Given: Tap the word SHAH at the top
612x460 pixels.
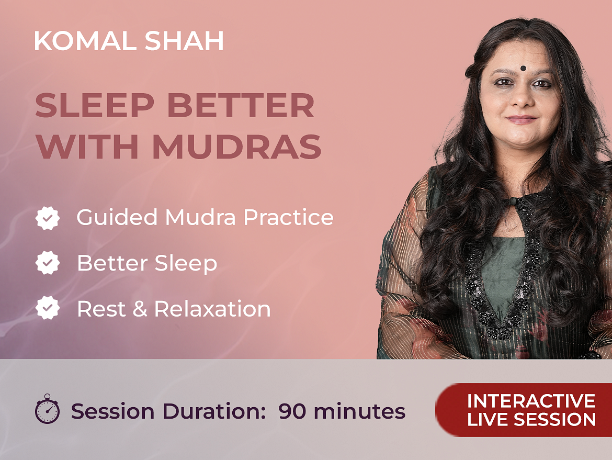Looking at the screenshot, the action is pyautogui.click(x=184, y=41).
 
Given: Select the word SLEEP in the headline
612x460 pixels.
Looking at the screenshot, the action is pyautogui.click(x=95, y=105).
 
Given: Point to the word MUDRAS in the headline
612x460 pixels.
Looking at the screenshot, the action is pyautogui.click(x=237, y=147).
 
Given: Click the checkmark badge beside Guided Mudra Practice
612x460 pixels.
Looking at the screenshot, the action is pyautogui.click(x=48, y=218).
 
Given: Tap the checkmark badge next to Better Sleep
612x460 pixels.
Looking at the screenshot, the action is pyautogui.click(x=48, y=263).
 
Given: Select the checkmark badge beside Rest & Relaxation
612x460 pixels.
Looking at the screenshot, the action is pyautogui.click(x=48, y=308).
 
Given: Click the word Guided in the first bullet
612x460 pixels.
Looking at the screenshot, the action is pyautogui.click(x=117, y=217).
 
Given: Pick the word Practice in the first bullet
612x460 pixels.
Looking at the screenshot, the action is pyautogui.click(x=289, y=217).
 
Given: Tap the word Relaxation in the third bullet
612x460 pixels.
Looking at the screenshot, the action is pyautogui.click(x=213, y=309).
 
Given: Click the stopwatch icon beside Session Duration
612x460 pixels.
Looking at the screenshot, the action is pyautogui.click(x=47, y=409).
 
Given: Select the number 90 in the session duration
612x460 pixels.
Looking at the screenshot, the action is pyautogui.click(x=292, y=411).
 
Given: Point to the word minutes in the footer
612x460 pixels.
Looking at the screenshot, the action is pyautogui.click(x=359, y=411).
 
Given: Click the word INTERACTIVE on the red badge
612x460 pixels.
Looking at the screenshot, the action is pyautogui.click(x=531, y=401).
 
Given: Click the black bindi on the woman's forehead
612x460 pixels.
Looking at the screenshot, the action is pyautogui.click(x=523, y=69).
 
